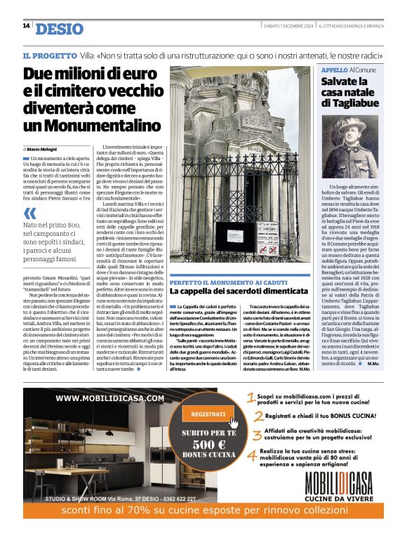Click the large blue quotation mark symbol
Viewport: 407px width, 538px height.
pyautogui.click(x=29, y=214)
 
